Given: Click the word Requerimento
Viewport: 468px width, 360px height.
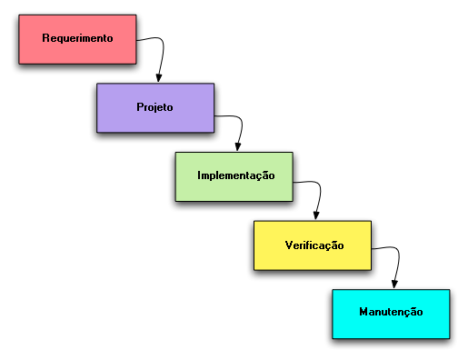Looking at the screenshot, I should click(77, 38).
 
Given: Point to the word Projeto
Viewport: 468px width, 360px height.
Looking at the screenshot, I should click(154, 107).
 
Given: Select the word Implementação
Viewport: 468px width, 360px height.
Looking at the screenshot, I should click(236, 175).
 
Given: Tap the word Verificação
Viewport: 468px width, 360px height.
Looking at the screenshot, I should click(314, 245).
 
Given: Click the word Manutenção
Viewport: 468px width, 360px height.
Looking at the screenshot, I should click(391, 312).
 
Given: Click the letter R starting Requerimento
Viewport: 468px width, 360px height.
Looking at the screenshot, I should click(45, 38).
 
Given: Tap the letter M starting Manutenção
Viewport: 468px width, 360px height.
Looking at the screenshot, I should click(363, 312).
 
